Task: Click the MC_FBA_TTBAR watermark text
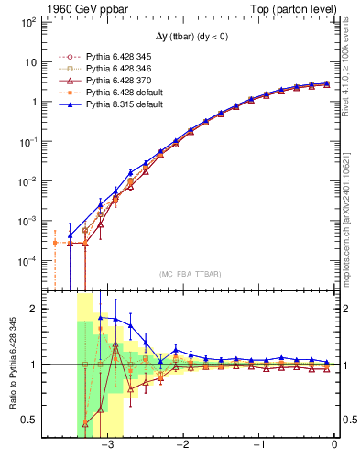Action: [190, 274]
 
